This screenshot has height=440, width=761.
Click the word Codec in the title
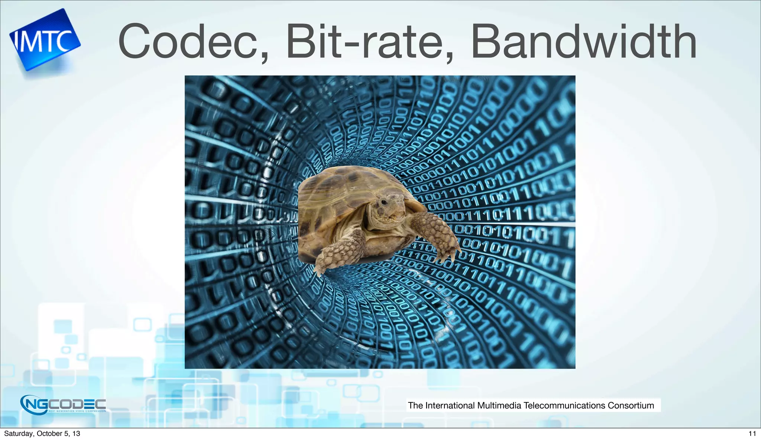188,42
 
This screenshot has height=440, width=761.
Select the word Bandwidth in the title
583,42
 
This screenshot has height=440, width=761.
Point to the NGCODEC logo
63,404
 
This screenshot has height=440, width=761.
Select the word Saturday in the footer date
18,434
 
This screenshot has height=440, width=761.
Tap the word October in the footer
49,434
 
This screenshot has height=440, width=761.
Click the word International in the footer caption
450,405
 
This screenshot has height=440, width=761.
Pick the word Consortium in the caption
631,405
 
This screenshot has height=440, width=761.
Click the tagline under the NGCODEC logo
77,411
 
